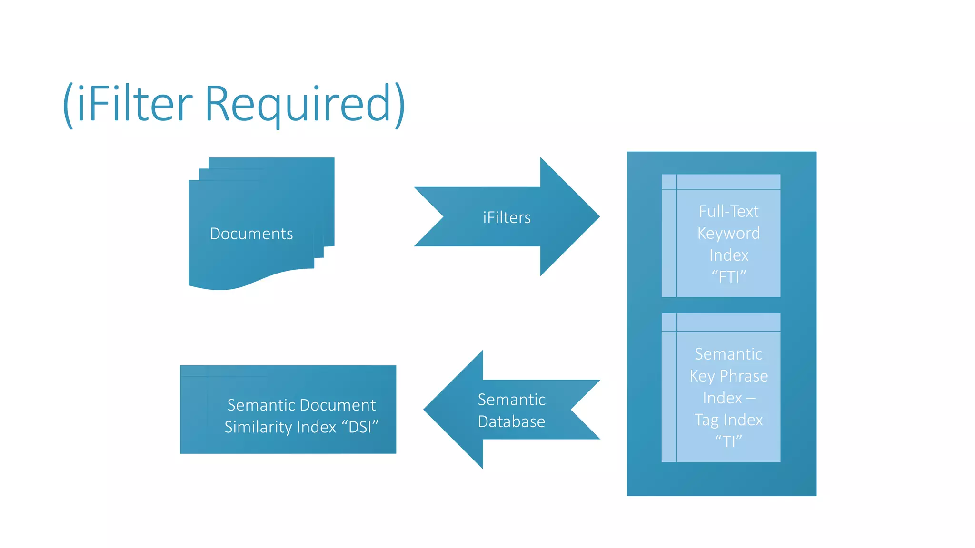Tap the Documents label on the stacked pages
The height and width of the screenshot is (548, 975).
coord(251,234)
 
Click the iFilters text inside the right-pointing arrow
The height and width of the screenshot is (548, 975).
coord(507,217)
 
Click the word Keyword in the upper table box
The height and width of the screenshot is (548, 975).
coord(728,233)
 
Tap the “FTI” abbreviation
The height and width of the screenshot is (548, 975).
coord(728,276)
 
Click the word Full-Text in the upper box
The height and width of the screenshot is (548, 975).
coord(728,211)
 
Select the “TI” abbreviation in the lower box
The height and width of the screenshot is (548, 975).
coord(728,441)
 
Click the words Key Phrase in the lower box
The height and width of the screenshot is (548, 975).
coord(728,376)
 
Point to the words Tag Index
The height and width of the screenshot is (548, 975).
coord(728,420)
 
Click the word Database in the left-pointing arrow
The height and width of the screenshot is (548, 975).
coord(511,421)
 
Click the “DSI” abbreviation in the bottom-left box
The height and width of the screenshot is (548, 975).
coord(360,427)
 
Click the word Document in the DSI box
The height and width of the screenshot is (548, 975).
coord(338,405)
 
